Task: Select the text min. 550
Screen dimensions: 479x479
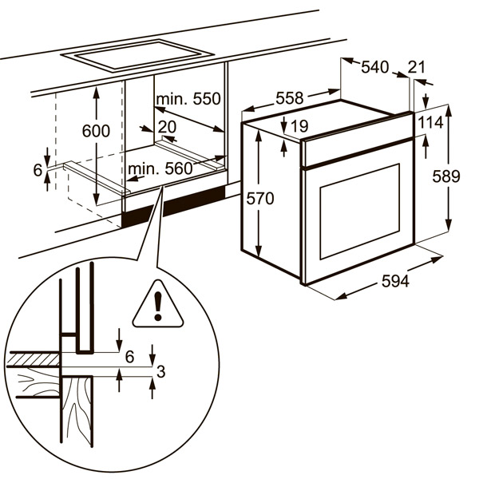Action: pos(188,100)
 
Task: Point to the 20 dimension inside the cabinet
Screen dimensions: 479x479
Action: pos(166,127)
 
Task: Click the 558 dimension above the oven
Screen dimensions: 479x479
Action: pos(289,98)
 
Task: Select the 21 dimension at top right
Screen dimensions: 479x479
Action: pos(417,67)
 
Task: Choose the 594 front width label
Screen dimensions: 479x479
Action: pos(394,282)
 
